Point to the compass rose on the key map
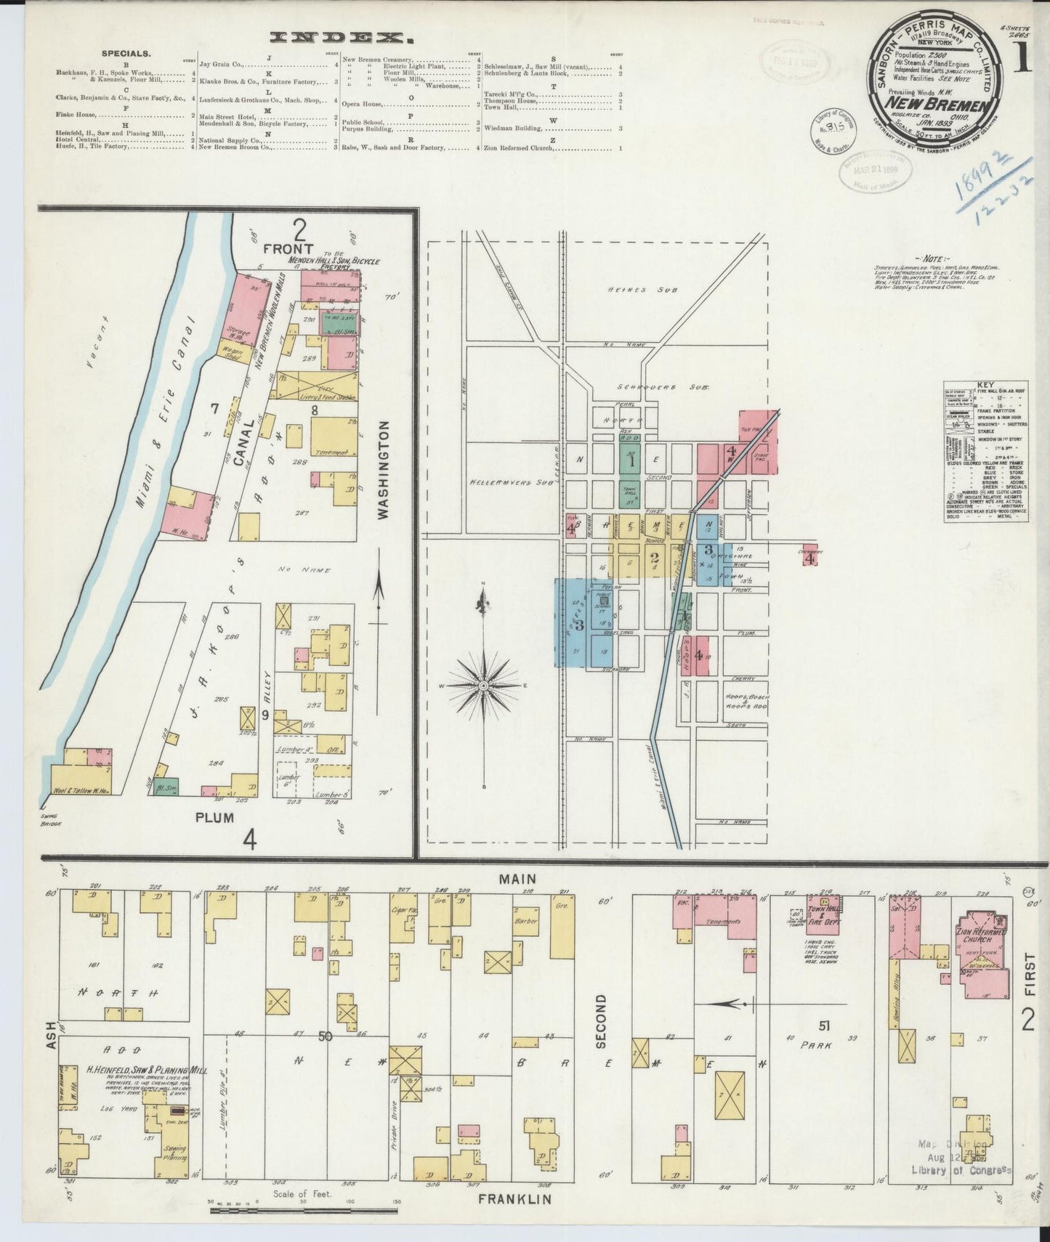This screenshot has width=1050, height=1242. click(482, 685)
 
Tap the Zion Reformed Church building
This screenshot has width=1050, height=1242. click(982, 942)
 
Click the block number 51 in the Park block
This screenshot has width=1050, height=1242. click(824, 1026)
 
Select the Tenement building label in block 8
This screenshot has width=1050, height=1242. click(332, 452)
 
